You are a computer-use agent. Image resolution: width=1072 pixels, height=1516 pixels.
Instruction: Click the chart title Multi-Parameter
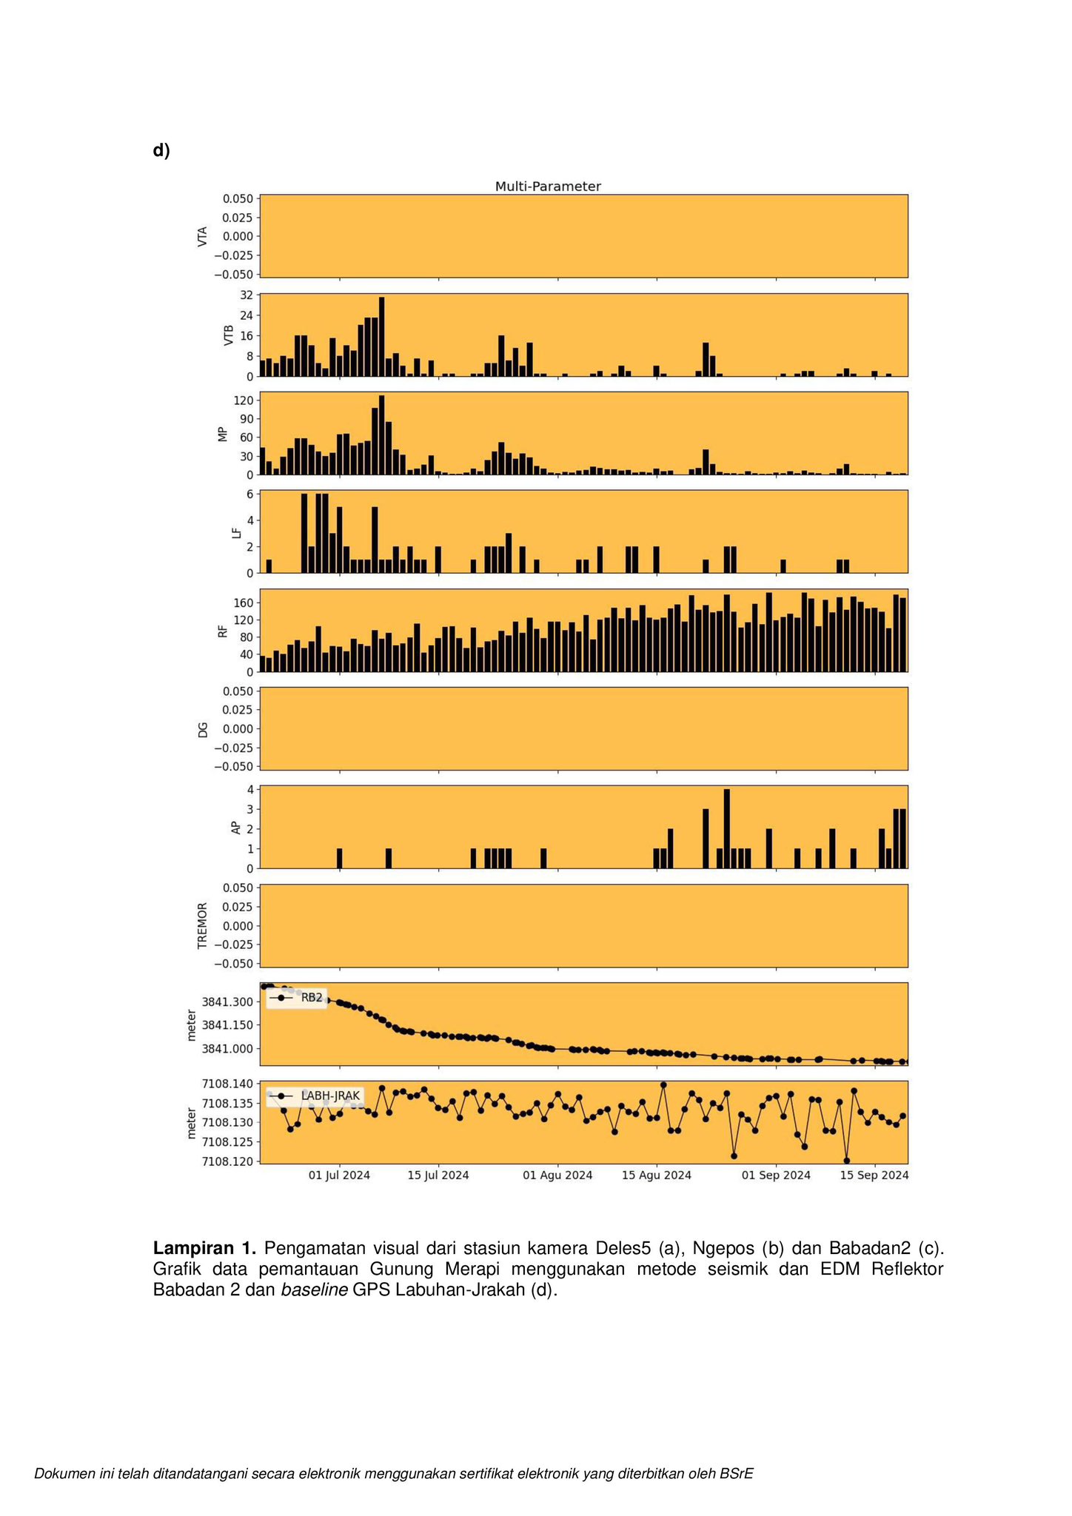[x=548, y=187]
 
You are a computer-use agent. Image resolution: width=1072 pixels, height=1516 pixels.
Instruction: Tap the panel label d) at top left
[x=161, y=150]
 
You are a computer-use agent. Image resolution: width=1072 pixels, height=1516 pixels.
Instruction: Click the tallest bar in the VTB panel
[x=381, y=337]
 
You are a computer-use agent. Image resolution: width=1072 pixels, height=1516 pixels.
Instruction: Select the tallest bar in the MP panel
[x=381, y=435]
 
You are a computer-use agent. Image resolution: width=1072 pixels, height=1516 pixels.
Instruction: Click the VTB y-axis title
[x=229, y=335]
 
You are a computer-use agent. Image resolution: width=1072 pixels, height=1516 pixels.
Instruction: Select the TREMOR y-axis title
[x=202, y=925]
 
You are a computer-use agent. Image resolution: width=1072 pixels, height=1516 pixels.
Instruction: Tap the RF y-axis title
[x=222, y=631]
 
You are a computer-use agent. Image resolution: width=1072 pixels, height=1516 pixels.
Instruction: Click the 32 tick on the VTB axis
[x=245, y=295]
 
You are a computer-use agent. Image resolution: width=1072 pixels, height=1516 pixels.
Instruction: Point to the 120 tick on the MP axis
[x=242, y=400]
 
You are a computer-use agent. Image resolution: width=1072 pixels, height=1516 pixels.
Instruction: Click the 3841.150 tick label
[x=227, y=1025]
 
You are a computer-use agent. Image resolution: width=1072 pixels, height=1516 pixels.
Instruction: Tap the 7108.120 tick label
[x=227, y=1161]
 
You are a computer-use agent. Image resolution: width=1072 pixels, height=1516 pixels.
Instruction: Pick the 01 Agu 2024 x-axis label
[x=557, y=1175]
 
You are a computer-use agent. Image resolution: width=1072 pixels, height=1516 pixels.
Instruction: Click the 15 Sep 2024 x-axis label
[x=874, y=1175]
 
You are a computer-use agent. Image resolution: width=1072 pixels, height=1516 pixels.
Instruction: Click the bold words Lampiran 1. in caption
[x=204, y=1248]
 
